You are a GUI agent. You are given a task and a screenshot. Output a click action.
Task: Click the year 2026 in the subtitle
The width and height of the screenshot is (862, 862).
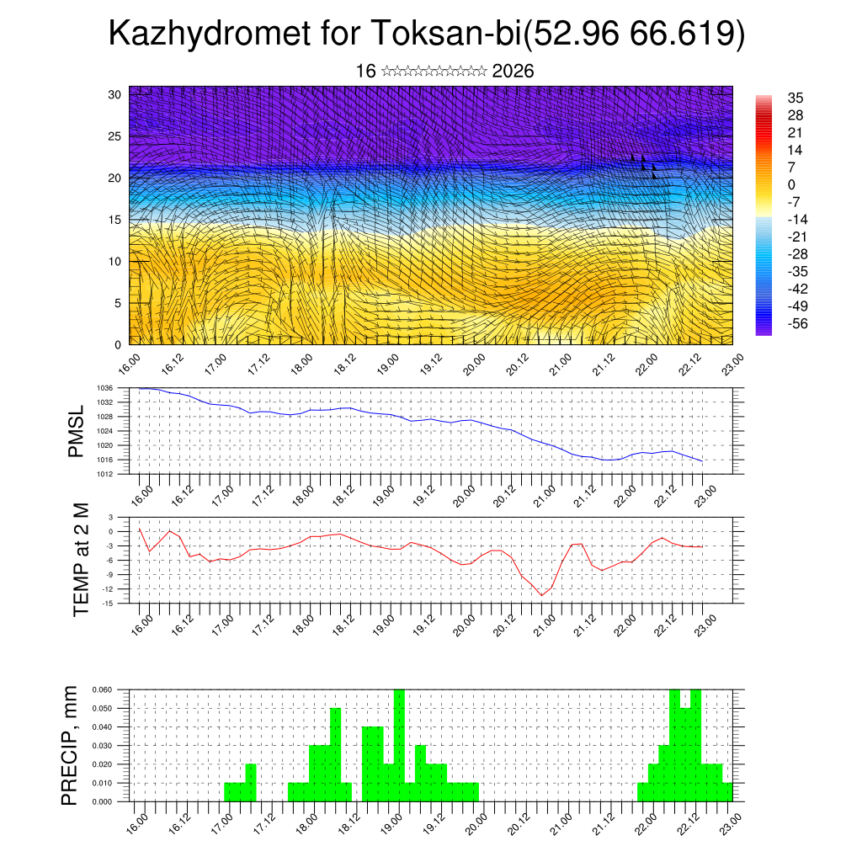click(x=513, y=72)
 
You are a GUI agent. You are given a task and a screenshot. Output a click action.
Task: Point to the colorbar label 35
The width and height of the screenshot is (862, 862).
click(x=795, y=98)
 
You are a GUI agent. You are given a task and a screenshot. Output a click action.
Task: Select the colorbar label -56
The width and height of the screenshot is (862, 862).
click(x=797, y=322)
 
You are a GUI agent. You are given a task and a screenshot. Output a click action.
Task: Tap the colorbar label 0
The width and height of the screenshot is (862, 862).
click(x=791, y=184)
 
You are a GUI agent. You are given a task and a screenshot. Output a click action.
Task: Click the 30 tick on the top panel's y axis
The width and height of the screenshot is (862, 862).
click(x=114, y=94)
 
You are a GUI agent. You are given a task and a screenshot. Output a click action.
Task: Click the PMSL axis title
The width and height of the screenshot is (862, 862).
click(x=77, y=431)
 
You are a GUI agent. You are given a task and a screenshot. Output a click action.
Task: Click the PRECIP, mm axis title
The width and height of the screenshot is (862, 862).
click(x=71, y=745)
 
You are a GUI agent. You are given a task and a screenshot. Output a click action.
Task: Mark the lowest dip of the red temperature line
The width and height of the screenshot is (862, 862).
click(x=543, y=595)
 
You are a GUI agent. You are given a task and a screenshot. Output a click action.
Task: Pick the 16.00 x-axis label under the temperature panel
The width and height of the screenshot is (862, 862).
click(x=141, y=622)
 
